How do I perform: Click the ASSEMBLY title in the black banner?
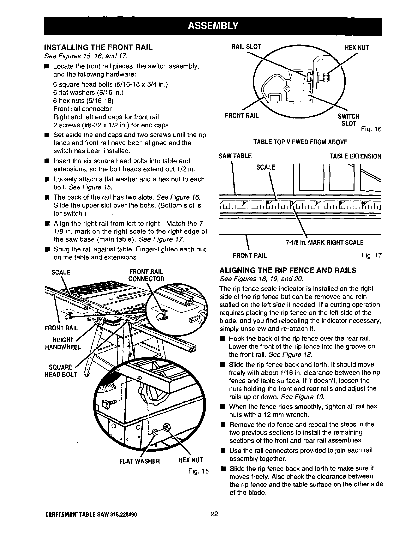(213, 26)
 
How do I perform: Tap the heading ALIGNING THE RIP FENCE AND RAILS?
(288, 270)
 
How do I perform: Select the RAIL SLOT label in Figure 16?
(246, 47)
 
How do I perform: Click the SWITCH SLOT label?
(349, 120)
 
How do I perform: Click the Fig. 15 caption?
(198, 471)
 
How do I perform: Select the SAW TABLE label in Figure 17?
(235, 156)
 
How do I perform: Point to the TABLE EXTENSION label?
(355, 156)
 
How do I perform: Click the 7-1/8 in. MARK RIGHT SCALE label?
(324, 242)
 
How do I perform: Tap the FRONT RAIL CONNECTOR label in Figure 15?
(146, 275)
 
